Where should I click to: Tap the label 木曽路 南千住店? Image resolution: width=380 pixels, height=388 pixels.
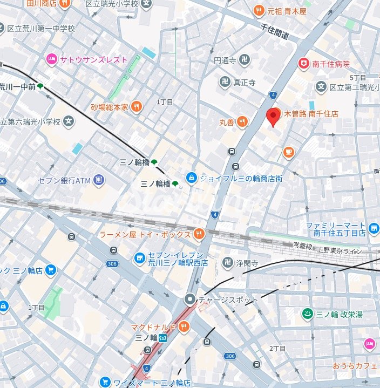pos(311,114)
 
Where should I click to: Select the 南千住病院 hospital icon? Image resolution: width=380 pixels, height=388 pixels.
pos(304,63)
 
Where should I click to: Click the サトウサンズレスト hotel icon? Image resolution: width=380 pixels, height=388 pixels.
pos(52,59)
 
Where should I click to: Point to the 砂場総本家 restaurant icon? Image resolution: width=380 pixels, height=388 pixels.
pos(136,107)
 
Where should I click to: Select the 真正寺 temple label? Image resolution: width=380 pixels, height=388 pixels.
pos(244,82)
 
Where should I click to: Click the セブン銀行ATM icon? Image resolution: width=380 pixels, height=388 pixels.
pos(99,180)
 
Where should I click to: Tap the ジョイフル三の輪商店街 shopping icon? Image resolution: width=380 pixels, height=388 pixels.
pos(191,177)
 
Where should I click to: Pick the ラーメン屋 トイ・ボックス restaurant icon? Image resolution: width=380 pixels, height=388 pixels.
pos(199,234)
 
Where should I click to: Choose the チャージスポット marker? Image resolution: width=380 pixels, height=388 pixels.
pos(190,299)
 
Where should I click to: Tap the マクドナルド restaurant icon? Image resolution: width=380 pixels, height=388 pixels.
pos(185,326)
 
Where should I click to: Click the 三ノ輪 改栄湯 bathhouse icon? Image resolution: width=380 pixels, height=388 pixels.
pos(307,313)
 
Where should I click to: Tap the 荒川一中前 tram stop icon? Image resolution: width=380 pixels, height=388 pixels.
pos(40,86)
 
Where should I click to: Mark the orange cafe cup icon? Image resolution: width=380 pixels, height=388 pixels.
pos(289,153)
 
